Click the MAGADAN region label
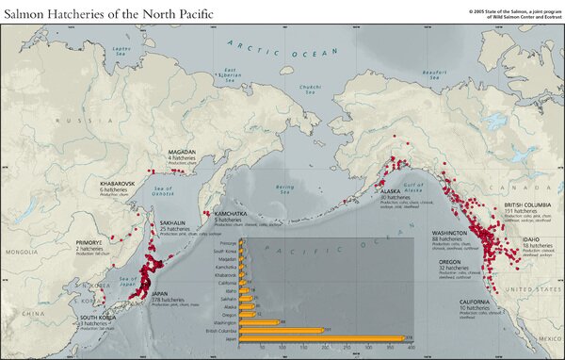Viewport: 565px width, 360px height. [183, 151]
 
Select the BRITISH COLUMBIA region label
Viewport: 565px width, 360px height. [526, 205]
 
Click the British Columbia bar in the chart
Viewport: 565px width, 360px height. [282, 330]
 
